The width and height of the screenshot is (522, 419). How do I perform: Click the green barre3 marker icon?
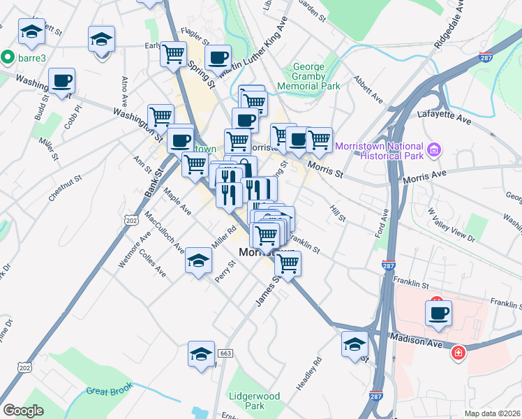(8, 56)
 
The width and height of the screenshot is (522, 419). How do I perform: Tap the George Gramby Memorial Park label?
(308, 76)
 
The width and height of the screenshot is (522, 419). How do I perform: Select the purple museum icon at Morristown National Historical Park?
(434, 149)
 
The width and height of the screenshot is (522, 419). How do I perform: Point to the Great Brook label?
(109, 392)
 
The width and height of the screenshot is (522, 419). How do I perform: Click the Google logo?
(24, 411)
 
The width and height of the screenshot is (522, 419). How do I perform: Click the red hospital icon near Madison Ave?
(458, 353)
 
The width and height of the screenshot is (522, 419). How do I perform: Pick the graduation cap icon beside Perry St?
(199, 261)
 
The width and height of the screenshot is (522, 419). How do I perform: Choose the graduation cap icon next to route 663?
(201, 353)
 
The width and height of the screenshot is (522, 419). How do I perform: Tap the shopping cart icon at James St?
(288, 263)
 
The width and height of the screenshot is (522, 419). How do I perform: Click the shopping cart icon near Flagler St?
(173, 53)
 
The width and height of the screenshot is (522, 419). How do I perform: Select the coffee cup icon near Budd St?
(61, 80)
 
